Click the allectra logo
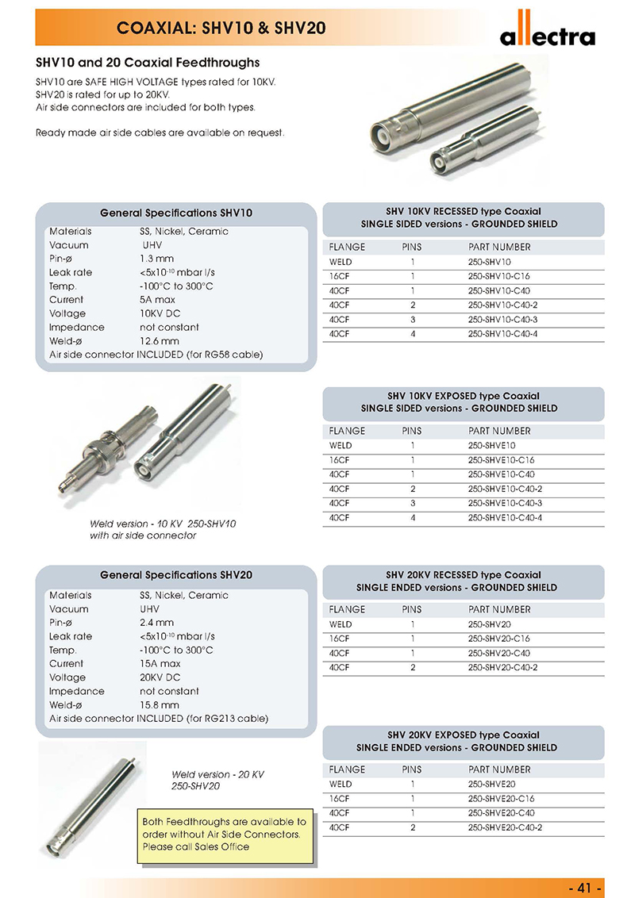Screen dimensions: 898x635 point(547,32)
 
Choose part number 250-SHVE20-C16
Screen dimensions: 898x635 point(501,799)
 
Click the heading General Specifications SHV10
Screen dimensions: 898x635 point(176,213)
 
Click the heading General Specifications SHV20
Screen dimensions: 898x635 point(176,575)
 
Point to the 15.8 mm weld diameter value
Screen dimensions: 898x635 point(160,704)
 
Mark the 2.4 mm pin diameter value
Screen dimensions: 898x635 point(156,623)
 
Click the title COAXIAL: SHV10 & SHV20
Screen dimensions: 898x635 point(221,29)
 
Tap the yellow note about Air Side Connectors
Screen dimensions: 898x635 point(224,835)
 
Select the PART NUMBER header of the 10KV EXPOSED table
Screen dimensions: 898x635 point(499,431)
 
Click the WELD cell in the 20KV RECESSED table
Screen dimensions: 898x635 point(341,624)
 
